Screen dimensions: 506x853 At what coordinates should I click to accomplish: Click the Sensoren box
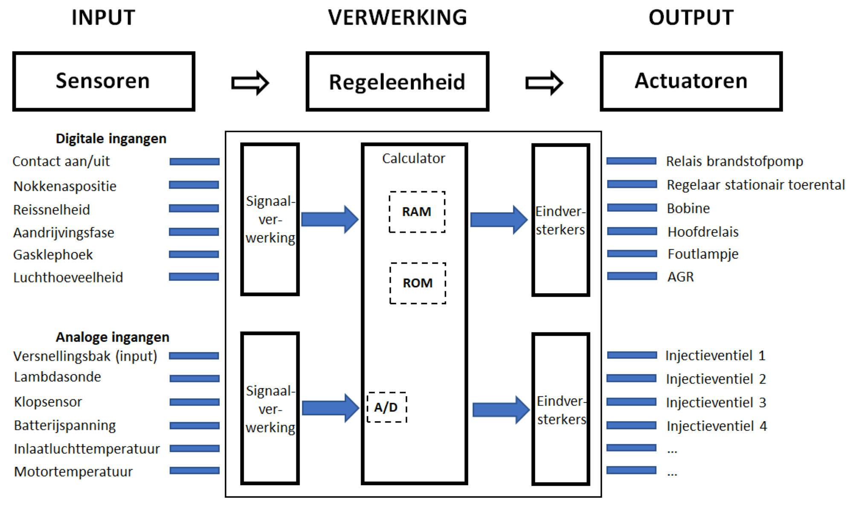(x=104, y=81)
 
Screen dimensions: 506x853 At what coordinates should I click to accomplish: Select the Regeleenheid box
(x=397, y=81)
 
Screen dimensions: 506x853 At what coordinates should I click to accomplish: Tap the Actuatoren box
(x=691, y=81)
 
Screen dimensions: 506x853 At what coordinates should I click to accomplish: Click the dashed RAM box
(x=417, y=212)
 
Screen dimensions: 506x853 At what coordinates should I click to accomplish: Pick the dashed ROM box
(x=418, y=283)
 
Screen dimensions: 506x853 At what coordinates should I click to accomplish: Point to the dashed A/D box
(x=386, y=407)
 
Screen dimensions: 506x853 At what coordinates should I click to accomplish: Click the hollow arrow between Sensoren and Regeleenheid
(x=250, y=82)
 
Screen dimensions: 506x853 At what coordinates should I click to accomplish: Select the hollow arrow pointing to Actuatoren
(x=544, y=82)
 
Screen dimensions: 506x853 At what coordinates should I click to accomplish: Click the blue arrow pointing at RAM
(x=329, y=219)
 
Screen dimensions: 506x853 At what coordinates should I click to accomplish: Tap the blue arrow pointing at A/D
(x=330, y=408)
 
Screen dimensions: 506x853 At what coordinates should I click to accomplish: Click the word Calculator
(x=413, y=159)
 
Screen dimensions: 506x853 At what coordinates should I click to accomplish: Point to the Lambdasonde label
(x=58, y=377)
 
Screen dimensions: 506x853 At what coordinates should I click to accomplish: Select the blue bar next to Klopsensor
(x=194, y=402)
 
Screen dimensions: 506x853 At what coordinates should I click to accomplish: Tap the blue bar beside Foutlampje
(x=632, y=254)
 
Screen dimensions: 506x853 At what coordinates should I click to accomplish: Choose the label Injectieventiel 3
(x=716, y=403)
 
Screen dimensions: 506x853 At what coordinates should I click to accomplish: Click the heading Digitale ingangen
(x=111, y=139)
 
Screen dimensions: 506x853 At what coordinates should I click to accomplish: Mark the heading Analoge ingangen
(x=113, y=337)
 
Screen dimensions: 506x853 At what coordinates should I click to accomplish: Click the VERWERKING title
(x=397, y=18)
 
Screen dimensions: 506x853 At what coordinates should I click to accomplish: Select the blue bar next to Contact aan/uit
(x=194, y=162)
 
